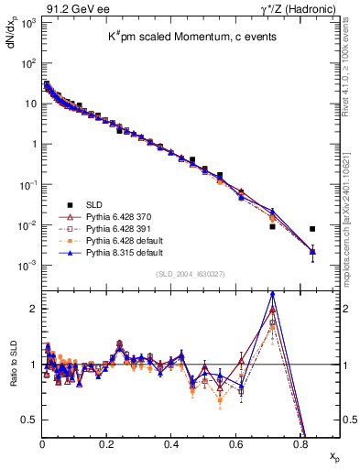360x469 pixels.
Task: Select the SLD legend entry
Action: click(93, 205)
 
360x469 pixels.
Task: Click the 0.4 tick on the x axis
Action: click(171, 444)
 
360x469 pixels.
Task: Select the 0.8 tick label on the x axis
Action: click(300, 444)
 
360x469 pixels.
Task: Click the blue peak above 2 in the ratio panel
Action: click(272, 294)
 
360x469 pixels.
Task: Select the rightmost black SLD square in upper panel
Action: click(312, 229)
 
